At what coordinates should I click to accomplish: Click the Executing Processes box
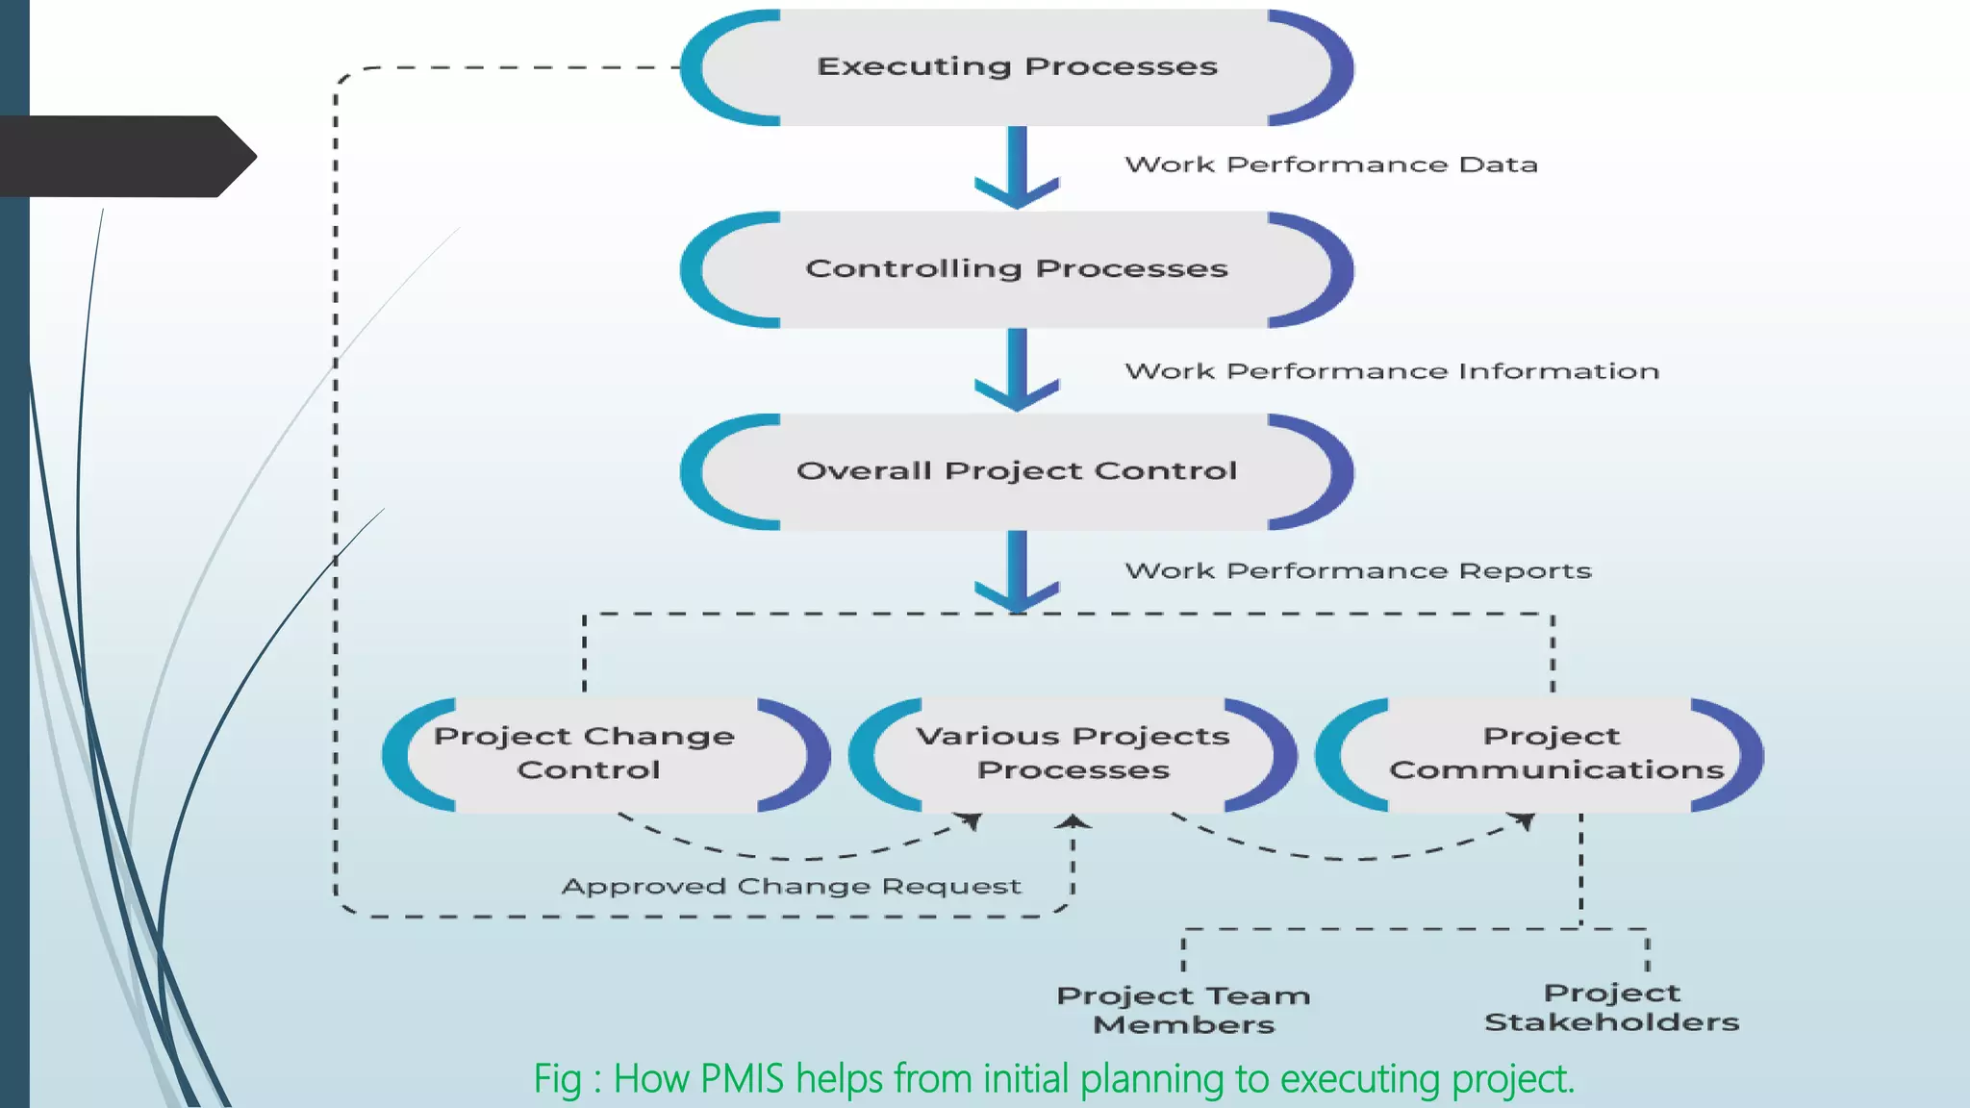(1017, 67)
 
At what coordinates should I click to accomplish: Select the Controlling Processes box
(1017, 269)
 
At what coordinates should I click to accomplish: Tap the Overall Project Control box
(1017, 471)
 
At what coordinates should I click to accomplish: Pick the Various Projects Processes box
(1073, 753)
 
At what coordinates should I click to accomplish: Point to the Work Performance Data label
(1331, 164)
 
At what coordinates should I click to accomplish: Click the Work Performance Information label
(1392, 371)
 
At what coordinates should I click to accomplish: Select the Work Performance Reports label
(1358, 571)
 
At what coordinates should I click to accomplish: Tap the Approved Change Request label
(791, 886)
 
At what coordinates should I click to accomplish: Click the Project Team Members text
(1183, 1009)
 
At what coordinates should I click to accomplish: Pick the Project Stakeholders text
(1611, 1007)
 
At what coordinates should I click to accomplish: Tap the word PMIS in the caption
(742, 1079)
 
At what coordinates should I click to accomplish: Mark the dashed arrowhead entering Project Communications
(1524, 820)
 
